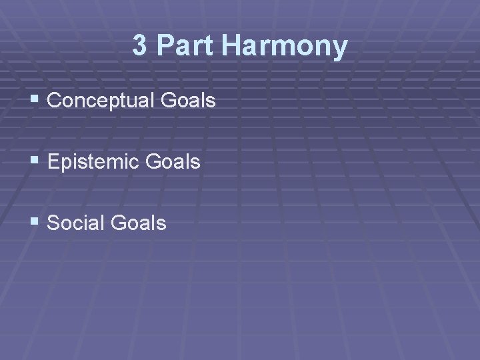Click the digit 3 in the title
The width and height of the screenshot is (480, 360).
point(139,46)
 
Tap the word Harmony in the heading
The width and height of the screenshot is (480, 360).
point(285,46)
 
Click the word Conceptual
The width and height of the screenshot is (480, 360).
point(100,101)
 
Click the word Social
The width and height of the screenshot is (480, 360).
point(76,223)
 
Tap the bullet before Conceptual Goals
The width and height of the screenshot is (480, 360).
point(35,101)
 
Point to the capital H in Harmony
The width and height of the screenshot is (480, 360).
point(233,46)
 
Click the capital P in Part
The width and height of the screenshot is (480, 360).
point(165,46)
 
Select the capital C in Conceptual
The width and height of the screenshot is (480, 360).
point(55,101)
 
